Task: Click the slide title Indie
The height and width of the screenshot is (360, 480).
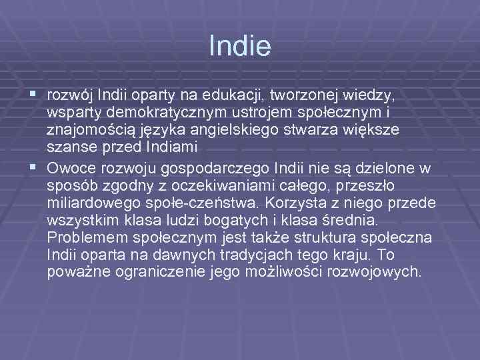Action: click(x=239, y=46)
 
